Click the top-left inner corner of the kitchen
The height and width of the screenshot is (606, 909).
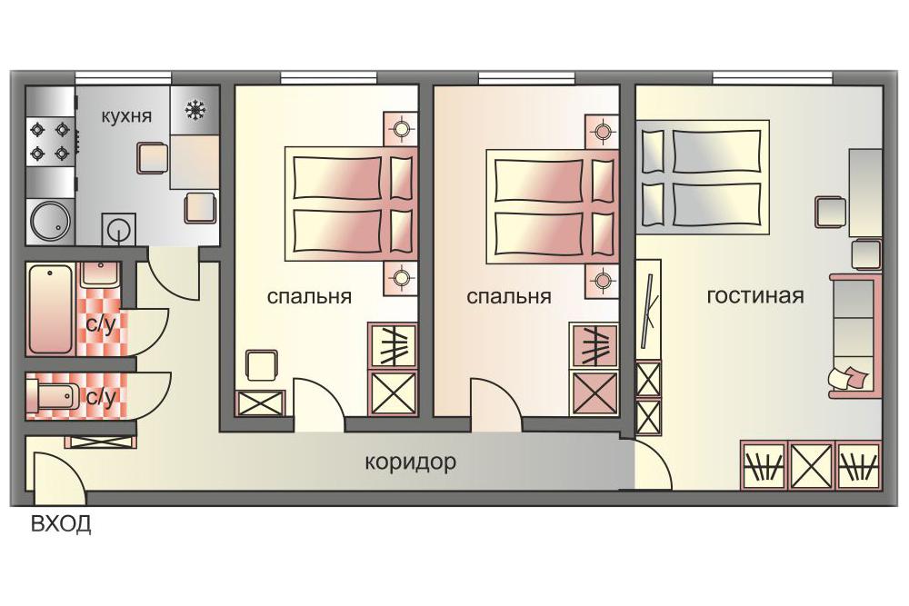pos(26,86)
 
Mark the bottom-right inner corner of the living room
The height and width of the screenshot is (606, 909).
pos(882,489)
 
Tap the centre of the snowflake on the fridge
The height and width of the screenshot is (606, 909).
pos(195,110)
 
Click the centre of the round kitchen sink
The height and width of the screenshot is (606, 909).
pos(50,221)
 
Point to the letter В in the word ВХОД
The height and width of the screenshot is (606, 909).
pos(37,523)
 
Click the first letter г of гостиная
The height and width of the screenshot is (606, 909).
pos(712,296)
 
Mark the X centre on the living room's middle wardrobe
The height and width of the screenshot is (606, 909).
pos(811,464)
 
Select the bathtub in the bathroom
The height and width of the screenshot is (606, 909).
pos(50,310)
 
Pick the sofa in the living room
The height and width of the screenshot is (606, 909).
pos(854,335)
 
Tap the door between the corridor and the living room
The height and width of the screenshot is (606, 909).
pos(653,464)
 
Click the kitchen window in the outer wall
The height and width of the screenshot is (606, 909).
pos(124,77)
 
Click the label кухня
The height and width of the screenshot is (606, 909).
pos(126,116)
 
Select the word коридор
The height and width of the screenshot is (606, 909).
pos(411,462)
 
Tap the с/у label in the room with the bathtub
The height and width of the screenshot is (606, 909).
pos(101,323)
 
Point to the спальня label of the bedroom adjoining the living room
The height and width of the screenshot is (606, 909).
pos(508,296)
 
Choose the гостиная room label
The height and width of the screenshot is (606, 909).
pos(755,296)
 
